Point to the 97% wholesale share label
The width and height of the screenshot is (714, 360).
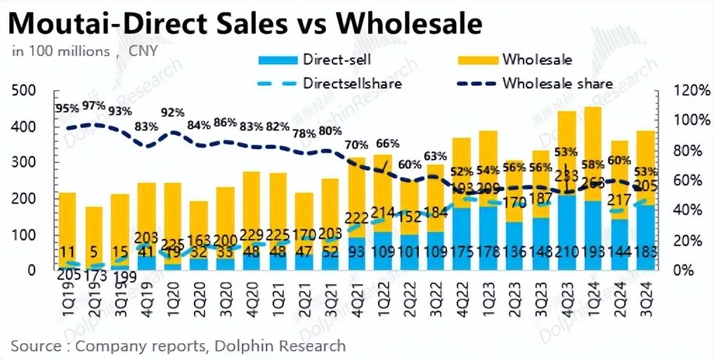point(93,105)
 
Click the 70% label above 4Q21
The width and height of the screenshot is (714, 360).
point(356,146)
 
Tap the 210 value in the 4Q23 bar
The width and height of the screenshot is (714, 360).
point(567,252)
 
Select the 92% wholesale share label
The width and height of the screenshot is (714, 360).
point(172,112)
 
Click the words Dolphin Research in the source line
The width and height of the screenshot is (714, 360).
point(298,345)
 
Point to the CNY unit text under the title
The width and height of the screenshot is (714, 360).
point(144,51)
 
